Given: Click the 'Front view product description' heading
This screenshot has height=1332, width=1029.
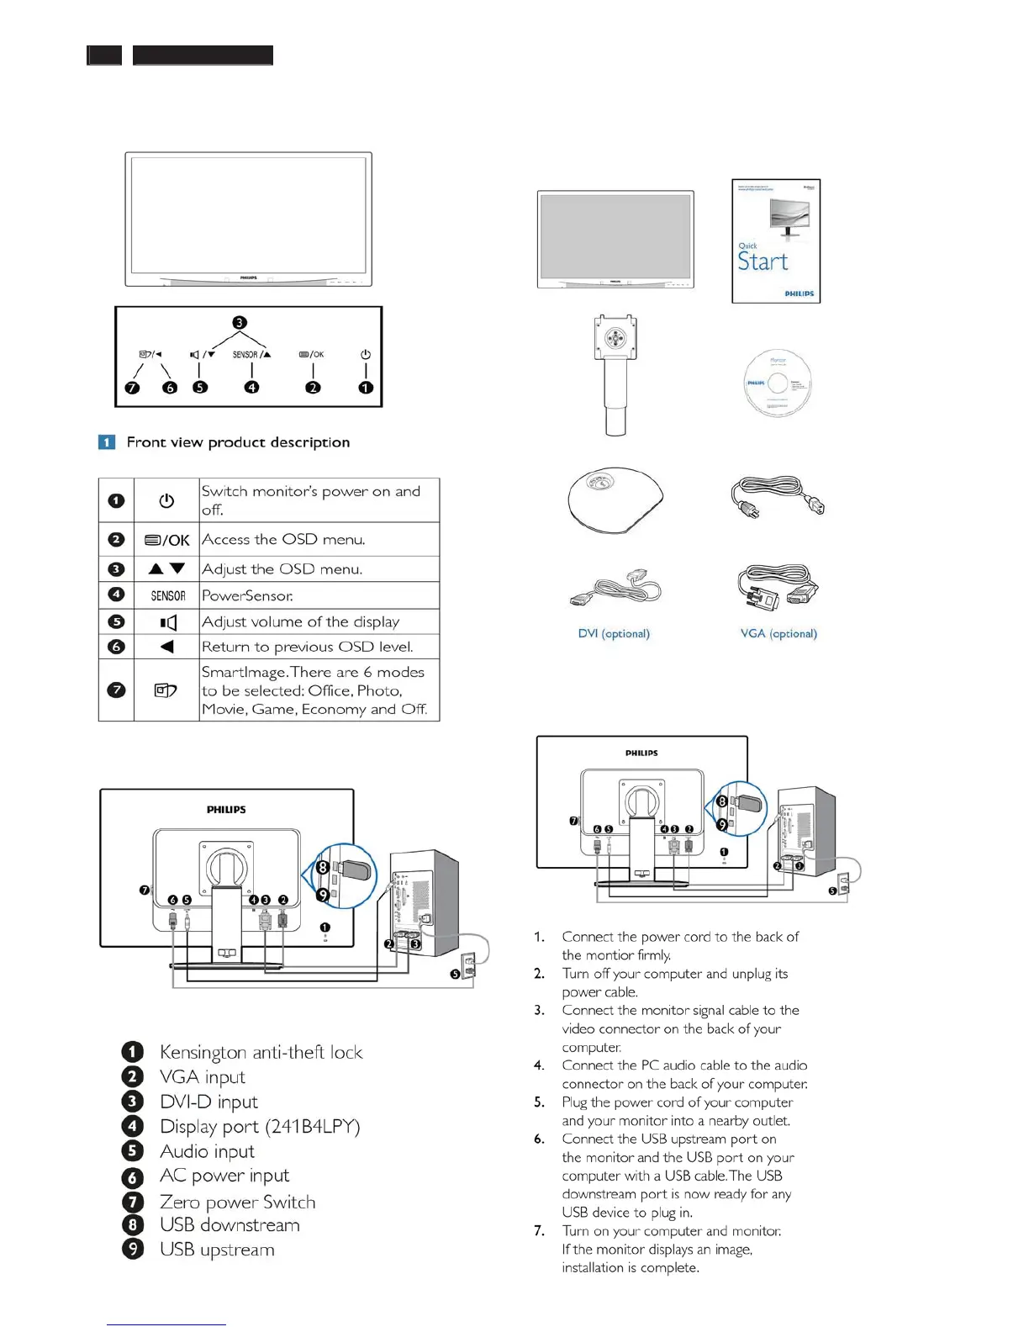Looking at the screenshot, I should point(238,442).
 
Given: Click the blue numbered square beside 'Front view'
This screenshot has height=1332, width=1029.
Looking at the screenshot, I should point(107,442).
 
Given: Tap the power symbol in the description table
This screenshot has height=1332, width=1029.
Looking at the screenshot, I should point(166,500).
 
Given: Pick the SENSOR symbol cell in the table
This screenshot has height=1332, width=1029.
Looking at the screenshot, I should point(167,595).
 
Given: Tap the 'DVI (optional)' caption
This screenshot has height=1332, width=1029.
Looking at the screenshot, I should point(614,633).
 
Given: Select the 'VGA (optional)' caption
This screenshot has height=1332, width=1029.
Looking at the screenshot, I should point(778,633).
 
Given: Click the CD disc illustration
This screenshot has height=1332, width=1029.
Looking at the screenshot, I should point(778,383).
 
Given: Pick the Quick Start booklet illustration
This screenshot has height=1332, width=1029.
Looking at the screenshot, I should point(776,240).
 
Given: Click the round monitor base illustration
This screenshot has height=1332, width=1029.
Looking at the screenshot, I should point(615,499).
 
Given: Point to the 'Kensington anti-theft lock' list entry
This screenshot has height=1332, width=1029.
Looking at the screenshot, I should point(261,1052).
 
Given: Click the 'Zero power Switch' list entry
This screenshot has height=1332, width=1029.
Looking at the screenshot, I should point(237,1202).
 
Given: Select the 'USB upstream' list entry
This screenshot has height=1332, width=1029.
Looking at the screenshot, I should point(217,1250).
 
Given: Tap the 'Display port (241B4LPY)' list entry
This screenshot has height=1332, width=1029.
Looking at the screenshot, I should point(260,1126).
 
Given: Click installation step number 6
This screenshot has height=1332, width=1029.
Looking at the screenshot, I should point(540,1139).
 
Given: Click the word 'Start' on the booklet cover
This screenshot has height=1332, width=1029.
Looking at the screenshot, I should point(763,262).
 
